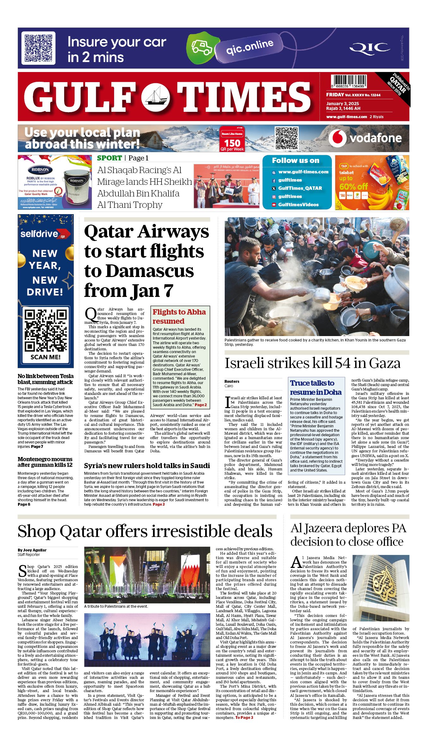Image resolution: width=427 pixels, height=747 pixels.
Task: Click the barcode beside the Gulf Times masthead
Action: (349, 81)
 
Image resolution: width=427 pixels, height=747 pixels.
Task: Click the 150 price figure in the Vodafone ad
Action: (232, 143)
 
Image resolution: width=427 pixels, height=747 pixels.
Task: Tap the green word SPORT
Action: (109, 158)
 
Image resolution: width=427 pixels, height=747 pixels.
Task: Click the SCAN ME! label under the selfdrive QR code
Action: (46, 357)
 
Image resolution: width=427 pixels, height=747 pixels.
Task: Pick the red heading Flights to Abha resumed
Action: (179, 316)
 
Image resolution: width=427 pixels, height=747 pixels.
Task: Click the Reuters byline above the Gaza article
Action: (232, 382)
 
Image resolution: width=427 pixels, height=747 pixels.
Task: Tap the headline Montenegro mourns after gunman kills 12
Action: (45, 462)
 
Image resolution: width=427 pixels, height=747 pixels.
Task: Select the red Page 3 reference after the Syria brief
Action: (159, 504)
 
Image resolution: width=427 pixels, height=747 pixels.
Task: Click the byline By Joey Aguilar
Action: (32, 550)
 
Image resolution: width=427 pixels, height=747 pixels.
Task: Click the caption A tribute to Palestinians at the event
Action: (116, 606)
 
